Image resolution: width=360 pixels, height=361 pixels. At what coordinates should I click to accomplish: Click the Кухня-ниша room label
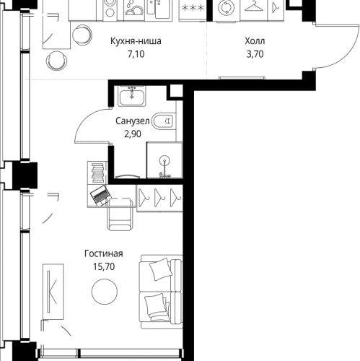pos(136,41)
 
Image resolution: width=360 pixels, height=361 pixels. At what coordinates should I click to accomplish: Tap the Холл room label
pos(255,41)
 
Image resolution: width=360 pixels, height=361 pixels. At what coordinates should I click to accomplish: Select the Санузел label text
pos(133,121)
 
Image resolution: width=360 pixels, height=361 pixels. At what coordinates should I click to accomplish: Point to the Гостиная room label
pos(104,253)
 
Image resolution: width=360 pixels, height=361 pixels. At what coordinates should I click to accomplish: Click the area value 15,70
pos(104,266)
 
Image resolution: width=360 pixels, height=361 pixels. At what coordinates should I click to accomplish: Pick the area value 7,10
pos(136,54)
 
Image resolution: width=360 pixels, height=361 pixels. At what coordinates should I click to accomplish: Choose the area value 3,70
pos(255,54)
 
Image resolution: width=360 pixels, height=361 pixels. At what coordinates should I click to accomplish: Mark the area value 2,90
pos(133,134)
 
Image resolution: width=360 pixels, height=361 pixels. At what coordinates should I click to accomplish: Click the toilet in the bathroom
pos(163,121)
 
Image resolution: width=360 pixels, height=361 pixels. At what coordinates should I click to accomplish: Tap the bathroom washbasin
pos(132,96)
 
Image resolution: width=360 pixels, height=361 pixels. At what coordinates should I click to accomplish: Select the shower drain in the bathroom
pos(164,160)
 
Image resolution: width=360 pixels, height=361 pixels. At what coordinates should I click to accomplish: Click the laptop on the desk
pos(100,194)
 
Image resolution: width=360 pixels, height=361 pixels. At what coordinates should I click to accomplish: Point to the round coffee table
pos(105,291)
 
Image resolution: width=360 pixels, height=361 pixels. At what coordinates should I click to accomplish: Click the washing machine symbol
pos(226,8)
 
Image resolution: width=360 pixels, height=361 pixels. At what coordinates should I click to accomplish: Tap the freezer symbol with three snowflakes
pos(193,8)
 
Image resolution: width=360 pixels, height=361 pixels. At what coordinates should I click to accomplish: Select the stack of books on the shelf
pos(97,173)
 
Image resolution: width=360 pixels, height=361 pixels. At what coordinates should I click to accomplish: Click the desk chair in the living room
pos(120,214)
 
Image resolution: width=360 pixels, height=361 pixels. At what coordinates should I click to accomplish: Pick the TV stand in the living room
pos(53,292)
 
